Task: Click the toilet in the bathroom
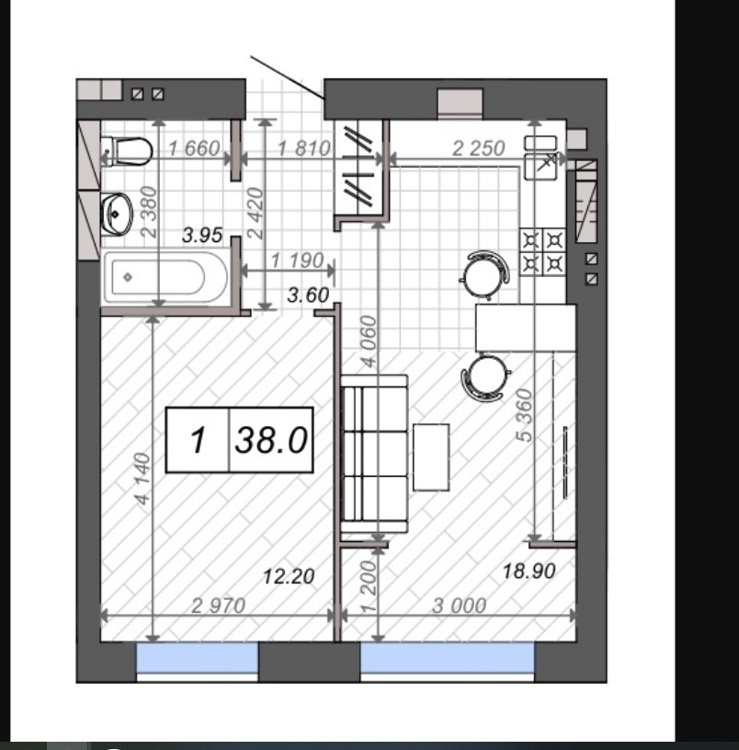tap(127, 151)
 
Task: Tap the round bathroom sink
tap(116, 214)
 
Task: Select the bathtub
tap(165, 277)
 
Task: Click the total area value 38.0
tap(271, 440)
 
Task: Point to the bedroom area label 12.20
tap(289, 576)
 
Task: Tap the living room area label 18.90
tap(529, 571)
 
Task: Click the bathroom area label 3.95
tap(202, 235)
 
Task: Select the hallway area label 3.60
tap(308, 295)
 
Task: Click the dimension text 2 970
tap(219, 606)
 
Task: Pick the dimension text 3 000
tap(459, 606)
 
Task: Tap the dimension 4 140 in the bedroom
tap(142, 479)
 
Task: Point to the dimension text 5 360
tap(524, 415)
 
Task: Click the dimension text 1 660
tap(195, 148)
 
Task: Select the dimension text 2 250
tap(478, 148)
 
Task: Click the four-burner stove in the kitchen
tap(542, 251)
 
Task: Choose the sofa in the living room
tap(374, 454)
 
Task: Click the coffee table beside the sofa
tap(431, 457)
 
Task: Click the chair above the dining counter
tap(484, 275)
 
